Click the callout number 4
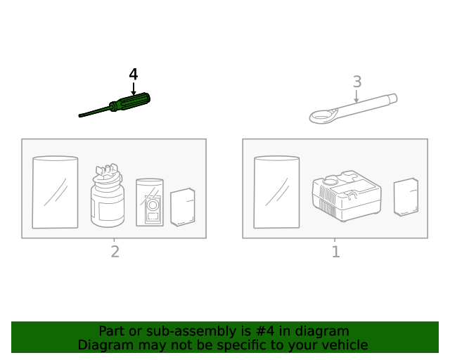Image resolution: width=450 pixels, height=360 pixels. (134, 75)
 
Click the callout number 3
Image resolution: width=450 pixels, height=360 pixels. (357, 82)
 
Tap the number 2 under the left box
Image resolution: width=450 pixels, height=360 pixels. (115, 252)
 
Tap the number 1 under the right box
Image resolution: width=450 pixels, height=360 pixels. (335, 252)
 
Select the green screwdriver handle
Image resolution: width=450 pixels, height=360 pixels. (134, 103)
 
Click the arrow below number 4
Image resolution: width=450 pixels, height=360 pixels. (134, 89)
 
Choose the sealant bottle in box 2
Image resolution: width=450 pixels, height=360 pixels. (108, 200)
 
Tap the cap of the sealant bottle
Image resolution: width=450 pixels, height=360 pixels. (106, 173)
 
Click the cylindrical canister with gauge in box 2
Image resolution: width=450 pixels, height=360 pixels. (150, 202)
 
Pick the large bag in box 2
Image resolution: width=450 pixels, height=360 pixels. (55, 192)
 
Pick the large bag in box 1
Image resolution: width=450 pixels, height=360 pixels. (276, 192)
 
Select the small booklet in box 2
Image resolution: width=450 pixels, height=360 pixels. (183, 207)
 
